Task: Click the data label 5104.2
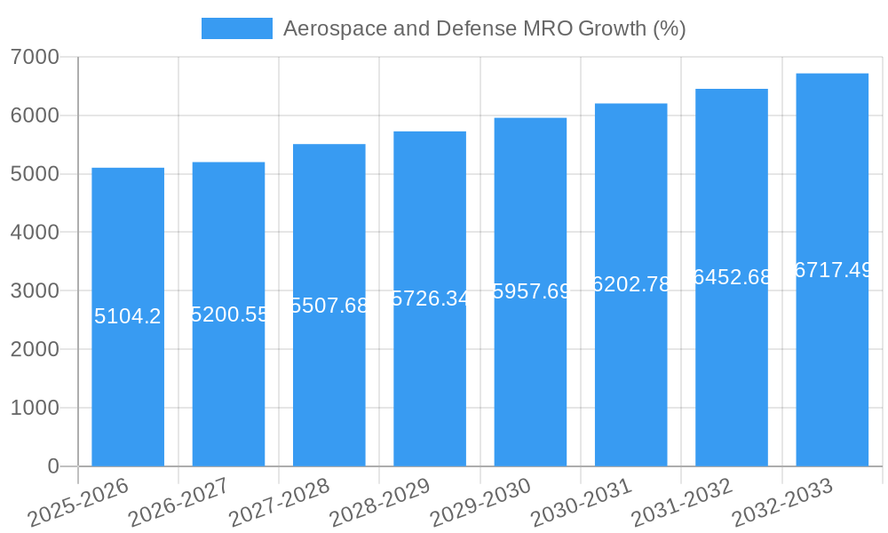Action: pyautogui.click(x=128, y=316)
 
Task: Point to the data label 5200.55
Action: pyautogui.click(x=229, y=314)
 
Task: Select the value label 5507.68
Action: pyautogui.click(x=329, y=306)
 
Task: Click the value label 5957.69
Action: pyautogui.click(x=531, y=291)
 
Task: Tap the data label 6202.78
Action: pyautogui.click(x=631, y=284)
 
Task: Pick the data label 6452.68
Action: pyautogui.click(x=733, y=277)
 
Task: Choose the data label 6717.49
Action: pyautogui.click(x=833, y=270)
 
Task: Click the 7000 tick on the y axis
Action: pyautogui.click(x=36, y=57)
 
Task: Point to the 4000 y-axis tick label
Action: pyautogui.click(x=36, y=233)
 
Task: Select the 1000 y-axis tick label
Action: pyautogui.click(x=36, y=408)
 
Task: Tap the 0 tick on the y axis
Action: pyautogui.click(x=52, y=466)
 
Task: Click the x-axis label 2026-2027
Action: pyautogui.click(x=178, y=502)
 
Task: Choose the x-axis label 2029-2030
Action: pyautogui.click(x=480, y=502)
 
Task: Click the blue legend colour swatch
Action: pyautogui.click(x=237, y=28)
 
